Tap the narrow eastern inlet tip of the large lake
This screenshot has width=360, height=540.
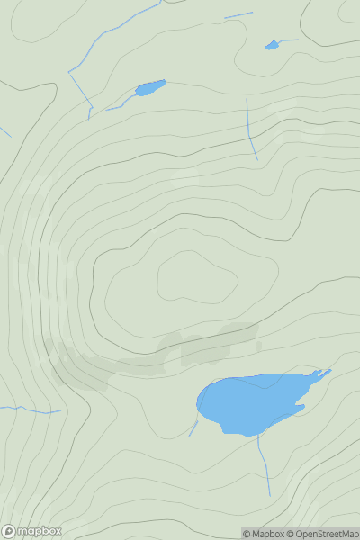(x=326, y=371)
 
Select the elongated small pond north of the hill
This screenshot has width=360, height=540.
(x=149, y=88)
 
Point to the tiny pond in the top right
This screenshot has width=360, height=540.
(x=272, y=45)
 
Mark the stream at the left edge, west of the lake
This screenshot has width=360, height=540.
(x=31, y=410)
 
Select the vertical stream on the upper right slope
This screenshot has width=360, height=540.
(x=251, y=130)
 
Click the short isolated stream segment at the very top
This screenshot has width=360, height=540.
(x=238, y=15)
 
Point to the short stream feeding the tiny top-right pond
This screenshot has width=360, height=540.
(x=289, y=40)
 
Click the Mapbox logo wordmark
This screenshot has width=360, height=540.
(x=40, y=531)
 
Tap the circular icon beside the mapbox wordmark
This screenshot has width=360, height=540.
(x=8, y=531)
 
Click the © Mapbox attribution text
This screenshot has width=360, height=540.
(x=265, y=534)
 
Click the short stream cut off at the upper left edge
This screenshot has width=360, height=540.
(x=4, y=131)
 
